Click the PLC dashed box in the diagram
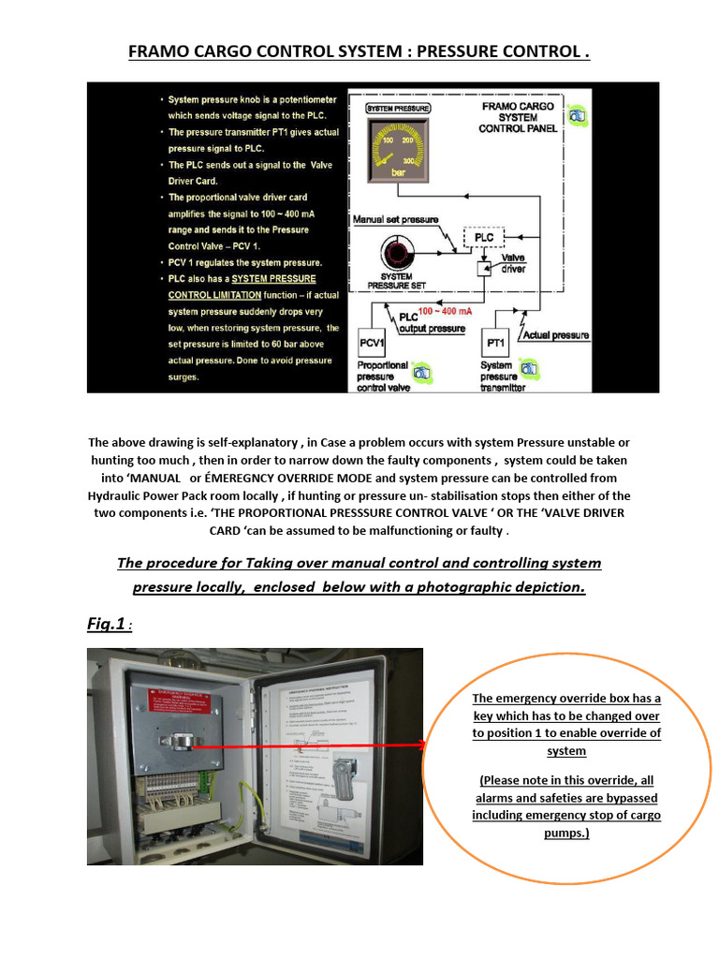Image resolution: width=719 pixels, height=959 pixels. pyautogui.click(x=483, y=237)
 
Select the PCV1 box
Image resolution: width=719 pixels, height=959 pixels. pyautogui.click(x=377, y=343)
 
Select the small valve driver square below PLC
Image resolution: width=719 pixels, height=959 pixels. pyautogui.click(x=483, y=269)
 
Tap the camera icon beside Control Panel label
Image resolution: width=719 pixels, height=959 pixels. pyautogui.click(x=580, y=115)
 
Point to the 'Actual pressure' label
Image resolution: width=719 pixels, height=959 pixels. pyautogui.click(x=555, y=334)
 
